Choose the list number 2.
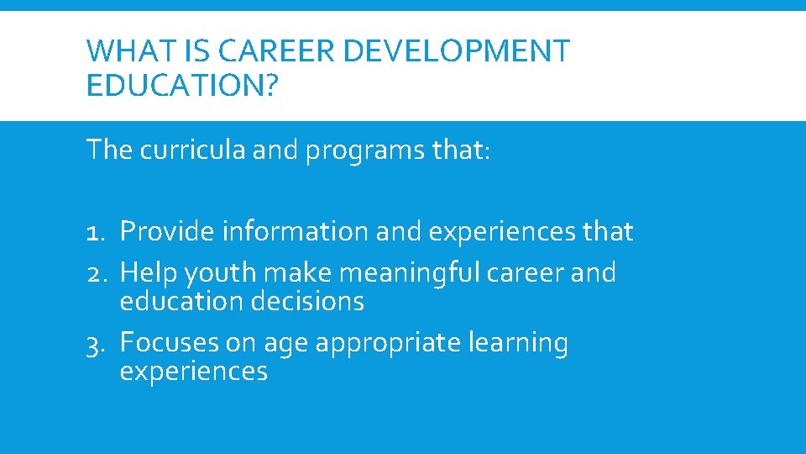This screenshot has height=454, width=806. point(98,272)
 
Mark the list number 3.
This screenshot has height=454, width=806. point(98,343)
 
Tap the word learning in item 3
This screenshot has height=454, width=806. point(518,344)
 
